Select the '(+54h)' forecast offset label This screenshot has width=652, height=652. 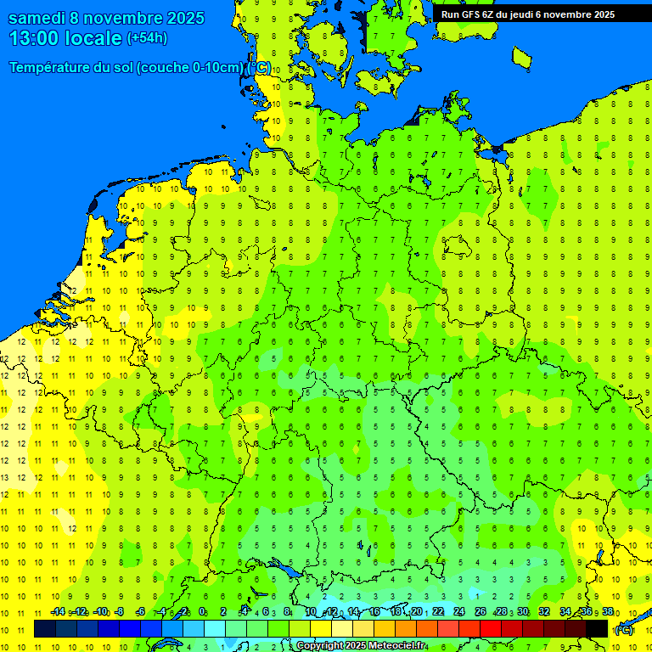tap(147, 38)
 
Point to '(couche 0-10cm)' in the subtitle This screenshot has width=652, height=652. tap(190, 68)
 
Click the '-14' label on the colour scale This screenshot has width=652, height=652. tap(58, 612)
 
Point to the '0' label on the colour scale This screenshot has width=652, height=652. tap(202, 612)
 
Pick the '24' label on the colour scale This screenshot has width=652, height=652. tap(459, 612)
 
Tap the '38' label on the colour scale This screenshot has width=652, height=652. tap(607, 612)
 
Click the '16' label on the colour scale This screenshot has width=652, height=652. tap(374, 612)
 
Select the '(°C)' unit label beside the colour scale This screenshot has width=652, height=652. tap(624, 629)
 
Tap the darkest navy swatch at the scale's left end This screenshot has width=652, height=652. tap(44, 628)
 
